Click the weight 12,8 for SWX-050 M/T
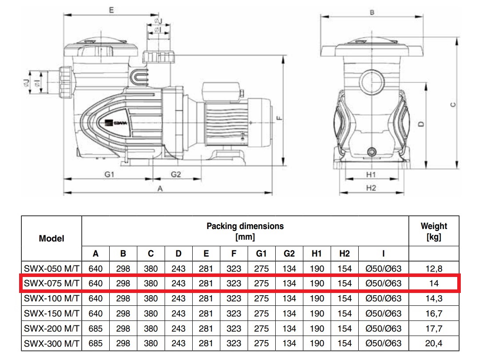434,269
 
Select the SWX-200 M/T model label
51,328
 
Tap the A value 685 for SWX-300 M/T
95,344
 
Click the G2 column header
289,254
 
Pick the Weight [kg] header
434,231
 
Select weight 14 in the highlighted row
434,283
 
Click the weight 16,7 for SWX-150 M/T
434,313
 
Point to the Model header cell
51,238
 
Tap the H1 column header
317,254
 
